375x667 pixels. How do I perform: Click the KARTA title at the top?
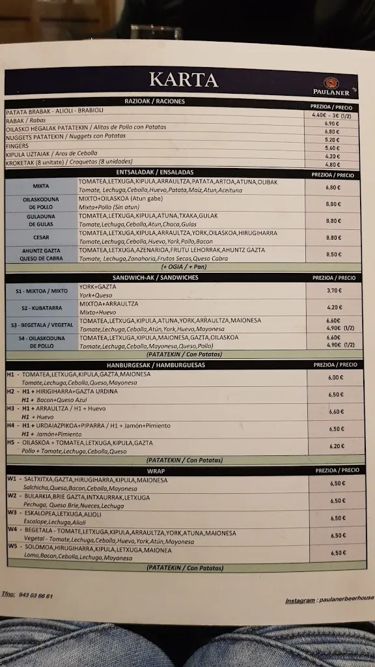(x=183, y=79)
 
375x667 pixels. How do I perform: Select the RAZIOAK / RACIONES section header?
(x=155, y=102)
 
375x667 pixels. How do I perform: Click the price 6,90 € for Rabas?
(x=332, y=124)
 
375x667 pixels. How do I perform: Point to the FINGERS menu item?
(x=17, y=145)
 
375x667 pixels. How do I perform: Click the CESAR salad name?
(x=42, y=238)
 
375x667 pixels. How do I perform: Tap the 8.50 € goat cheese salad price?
(x=333, y=255)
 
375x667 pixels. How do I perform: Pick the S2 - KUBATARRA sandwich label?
(x=40, y=307)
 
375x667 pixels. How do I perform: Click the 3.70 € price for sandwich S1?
(x=335, y=291)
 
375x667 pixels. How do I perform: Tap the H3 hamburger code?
(x=11, y=408)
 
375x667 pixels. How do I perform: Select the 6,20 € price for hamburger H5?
(x=337, y=446)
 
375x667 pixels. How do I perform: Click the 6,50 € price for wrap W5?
(x=338, y=552)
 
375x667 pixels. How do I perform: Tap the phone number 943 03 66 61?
(x=36, y=596)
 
